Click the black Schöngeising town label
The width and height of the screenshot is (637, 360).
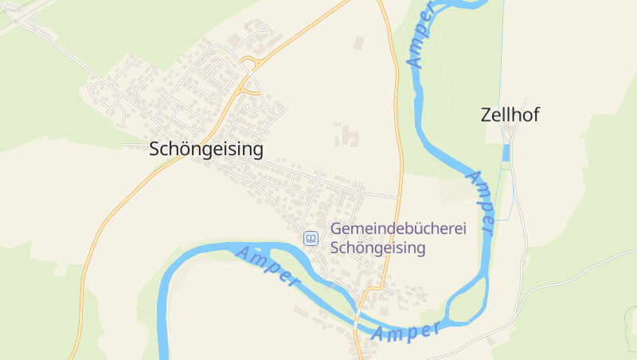[206, 149]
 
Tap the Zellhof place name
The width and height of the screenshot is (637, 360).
[510, 115]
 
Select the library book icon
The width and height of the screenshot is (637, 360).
[311, 238]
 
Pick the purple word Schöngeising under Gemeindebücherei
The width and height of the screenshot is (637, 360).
[377, 248]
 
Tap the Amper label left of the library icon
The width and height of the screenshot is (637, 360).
[268, 267]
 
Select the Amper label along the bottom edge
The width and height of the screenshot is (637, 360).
[406, 332]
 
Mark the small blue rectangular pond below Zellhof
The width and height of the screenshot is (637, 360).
[506, 154]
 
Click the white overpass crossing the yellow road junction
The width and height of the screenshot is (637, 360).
[251, 76]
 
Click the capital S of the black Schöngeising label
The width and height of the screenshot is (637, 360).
[155, 149]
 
